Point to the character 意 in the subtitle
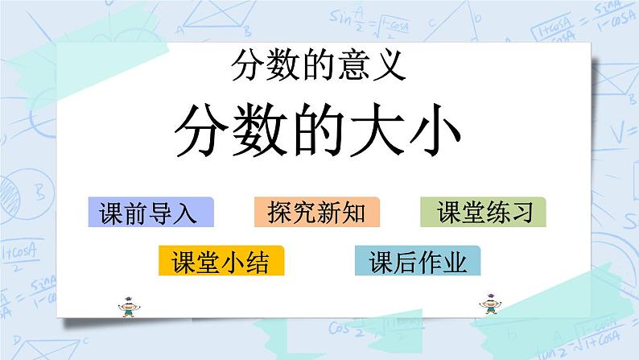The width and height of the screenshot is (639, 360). [x=351, y=66]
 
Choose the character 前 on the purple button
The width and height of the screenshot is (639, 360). [x=134, y=213]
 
